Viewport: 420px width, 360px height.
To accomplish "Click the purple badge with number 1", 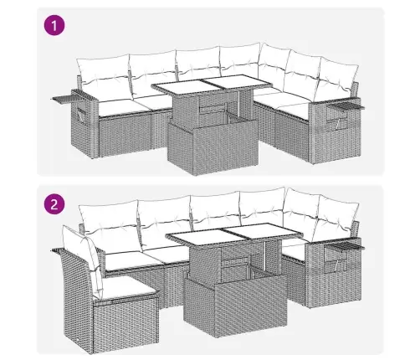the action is pos(54,25).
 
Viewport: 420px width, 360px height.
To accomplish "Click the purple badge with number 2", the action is pos(54,204).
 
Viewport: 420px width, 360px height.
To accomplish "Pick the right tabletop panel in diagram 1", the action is pos(238,82).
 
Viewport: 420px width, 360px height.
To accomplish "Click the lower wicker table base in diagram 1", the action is pos(213,146).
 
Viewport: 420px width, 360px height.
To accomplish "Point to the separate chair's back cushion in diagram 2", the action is pos(82,260).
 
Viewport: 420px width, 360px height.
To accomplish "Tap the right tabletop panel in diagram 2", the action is pos(261,231).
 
